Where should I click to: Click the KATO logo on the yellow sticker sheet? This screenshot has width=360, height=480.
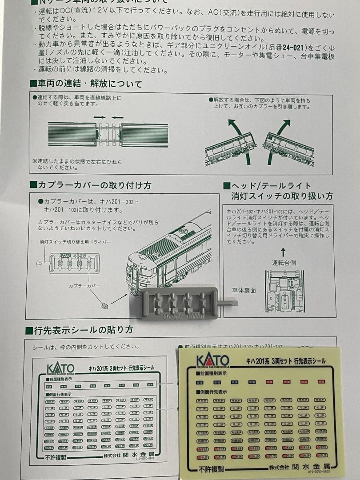tap(212, 360)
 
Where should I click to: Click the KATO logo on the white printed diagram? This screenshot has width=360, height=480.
tap(60, 368)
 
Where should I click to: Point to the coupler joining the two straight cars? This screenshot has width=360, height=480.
tap(108, 134)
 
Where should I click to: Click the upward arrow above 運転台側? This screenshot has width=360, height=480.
tap(283, 252)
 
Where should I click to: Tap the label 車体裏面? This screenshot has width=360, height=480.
tap(244, 290)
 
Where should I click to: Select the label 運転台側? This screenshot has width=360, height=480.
tap(284, 263)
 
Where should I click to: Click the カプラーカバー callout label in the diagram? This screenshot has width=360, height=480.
tap(84, 286)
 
